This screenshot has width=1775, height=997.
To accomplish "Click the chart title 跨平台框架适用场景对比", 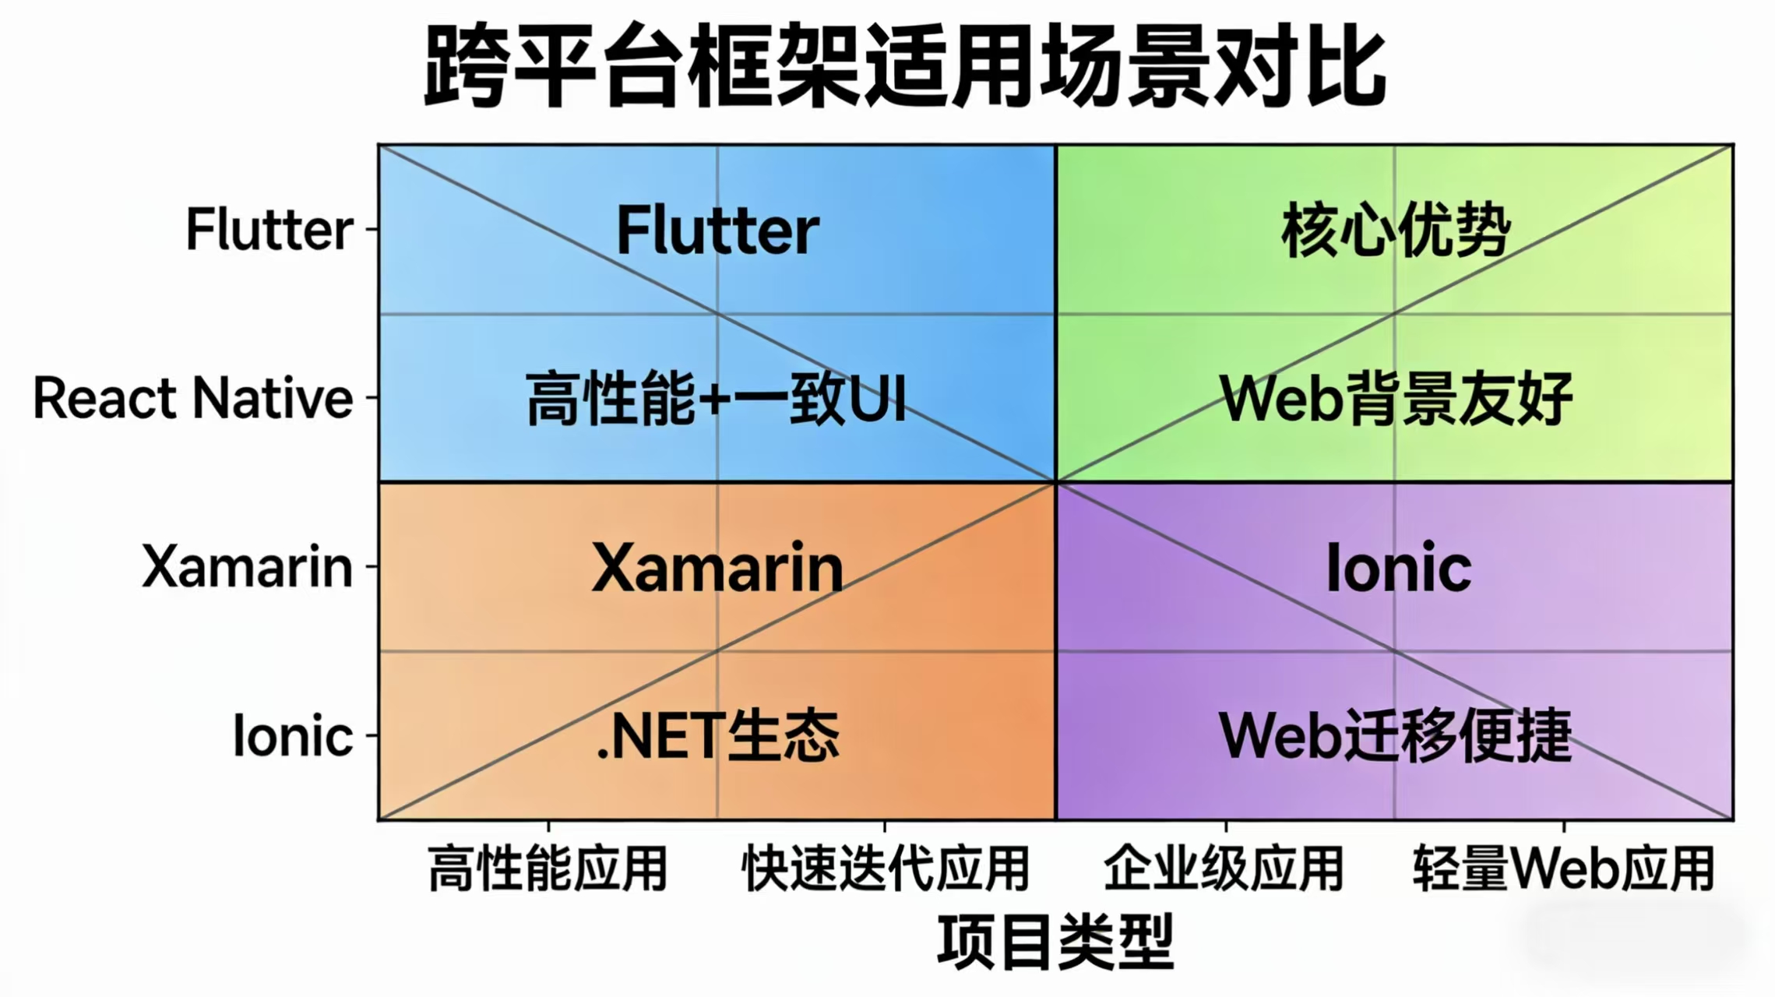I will pyautogui.click(x=903, y=65).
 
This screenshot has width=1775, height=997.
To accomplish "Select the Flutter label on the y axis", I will pyautogui.click(x=269, y=230).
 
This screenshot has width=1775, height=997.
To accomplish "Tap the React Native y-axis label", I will pyautogui.click(x=193, y=398).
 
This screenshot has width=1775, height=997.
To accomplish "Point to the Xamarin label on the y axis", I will pyautogui.click(x=247, y=566).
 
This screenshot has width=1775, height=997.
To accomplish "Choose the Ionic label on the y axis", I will pyautogui.click(x=293, y=735).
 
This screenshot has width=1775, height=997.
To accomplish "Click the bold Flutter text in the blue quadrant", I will pyautogui.click(x=717, y=231).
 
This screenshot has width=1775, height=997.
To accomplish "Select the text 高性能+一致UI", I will pyautogui.click(x=717, y=399).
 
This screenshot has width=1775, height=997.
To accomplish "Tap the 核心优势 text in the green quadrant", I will pyautogui.click(x=1395, y=231).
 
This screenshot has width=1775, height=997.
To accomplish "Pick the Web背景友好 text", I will pyautogui.click(x=1395, y=399).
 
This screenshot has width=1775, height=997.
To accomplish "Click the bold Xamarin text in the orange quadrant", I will pyautogui.click(x=717, y=568).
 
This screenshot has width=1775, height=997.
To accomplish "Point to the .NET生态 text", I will pyautogui.click(x=717, y=736).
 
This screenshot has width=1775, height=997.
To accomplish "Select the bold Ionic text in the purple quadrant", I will pyautogui.click(x=1398, y=568).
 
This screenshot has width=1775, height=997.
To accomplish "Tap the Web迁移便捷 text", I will pyautogui.click(x=1395, y=736).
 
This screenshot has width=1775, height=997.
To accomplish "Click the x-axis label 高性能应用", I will pyautogui.click(x=548, y=868).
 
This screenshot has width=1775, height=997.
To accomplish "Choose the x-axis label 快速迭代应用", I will pyautogui.click(x=886, y=868).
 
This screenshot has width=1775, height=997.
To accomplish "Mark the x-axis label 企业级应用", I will pyautogui.click(x=1224, y=868).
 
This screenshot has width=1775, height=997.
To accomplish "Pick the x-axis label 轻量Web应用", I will pyautogui.click(x=1563, y=868).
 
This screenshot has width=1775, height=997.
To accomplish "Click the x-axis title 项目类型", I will pyautogui.click(x=1055, y=942).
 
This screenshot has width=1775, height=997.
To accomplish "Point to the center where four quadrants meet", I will pyautogui.click(x=1055, y=483).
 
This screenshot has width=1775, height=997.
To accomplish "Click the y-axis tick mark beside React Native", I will pyautogui.click(x=372, y=398).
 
